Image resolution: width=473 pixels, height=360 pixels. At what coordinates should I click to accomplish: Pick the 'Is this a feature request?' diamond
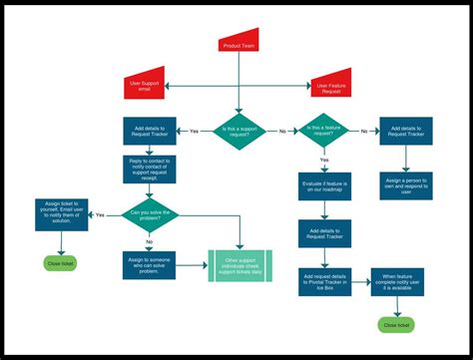click(325, 131)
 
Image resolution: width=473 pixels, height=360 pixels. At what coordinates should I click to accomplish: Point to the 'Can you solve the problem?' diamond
click(150, 213)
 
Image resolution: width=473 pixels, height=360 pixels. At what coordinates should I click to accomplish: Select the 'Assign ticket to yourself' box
click(61, 213)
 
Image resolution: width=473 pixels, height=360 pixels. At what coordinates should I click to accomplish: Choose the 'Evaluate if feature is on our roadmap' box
click(325, 186)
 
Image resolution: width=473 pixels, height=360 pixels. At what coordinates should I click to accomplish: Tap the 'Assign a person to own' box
click(405, 186)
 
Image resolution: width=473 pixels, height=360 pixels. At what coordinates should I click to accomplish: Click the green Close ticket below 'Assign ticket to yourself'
click(61, 263)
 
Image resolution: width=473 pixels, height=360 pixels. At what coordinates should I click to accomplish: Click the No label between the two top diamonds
click(282, 131)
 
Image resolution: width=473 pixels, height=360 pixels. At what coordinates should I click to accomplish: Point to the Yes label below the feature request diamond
click(325, 160)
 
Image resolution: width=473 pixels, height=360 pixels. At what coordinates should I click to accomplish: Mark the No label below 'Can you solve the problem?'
click(150, 241)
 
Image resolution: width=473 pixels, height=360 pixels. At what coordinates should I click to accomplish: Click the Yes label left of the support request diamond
click(194, 131)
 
